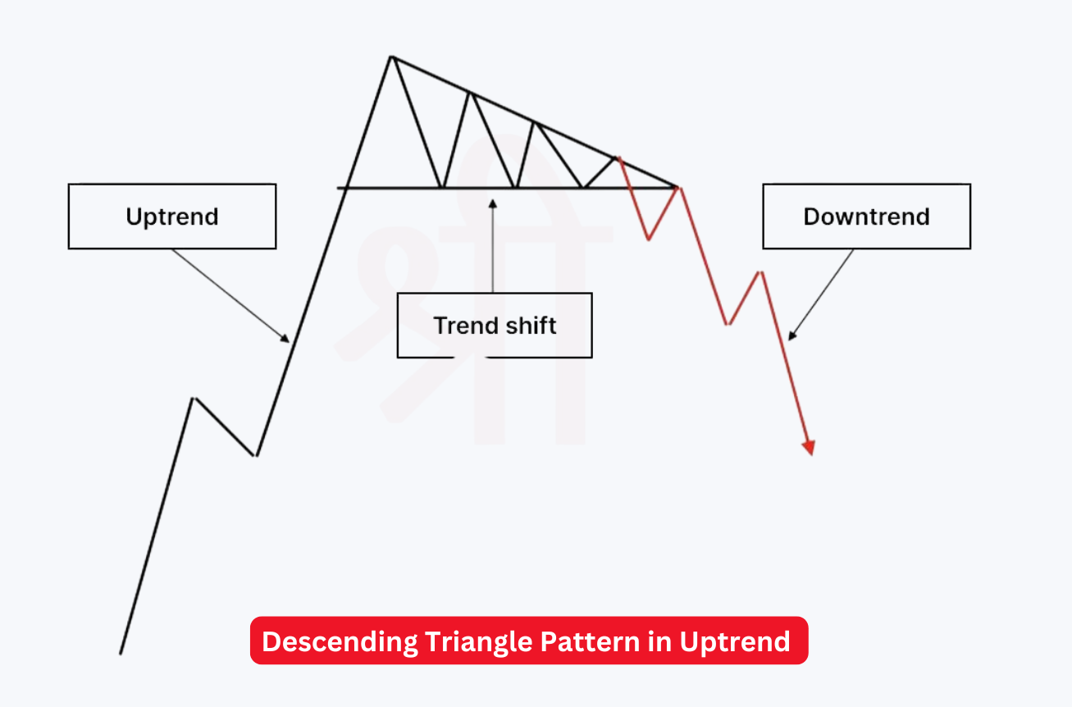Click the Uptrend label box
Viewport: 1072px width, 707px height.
click(172, 217)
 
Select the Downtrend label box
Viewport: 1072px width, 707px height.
click(866, 217)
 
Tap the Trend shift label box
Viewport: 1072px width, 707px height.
click(495, 326)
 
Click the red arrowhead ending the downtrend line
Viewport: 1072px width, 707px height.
click(810, 448)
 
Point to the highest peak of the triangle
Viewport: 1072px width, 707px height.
click(392, 57)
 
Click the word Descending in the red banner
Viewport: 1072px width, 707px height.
click(340, 641)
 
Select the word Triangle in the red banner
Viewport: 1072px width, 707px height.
click(478, 641)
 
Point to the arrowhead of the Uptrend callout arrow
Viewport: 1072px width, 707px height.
click(287, 339)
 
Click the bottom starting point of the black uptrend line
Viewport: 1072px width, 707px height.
click(121, 654)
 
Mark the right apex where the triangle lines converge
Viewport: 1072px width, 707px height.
click(678, 188)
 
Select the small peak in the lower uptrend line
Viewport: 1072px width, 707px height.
click(193, 399)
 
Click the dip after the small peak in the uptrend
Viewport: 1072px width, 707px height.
click(256, 455)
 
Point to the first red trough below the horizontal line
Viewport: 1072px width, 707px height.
click(649, 239)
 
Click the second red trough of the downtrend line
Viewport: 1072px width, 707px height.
click(727, 324)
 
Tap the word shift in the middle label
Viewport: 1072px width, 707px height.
click(531, 326)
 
